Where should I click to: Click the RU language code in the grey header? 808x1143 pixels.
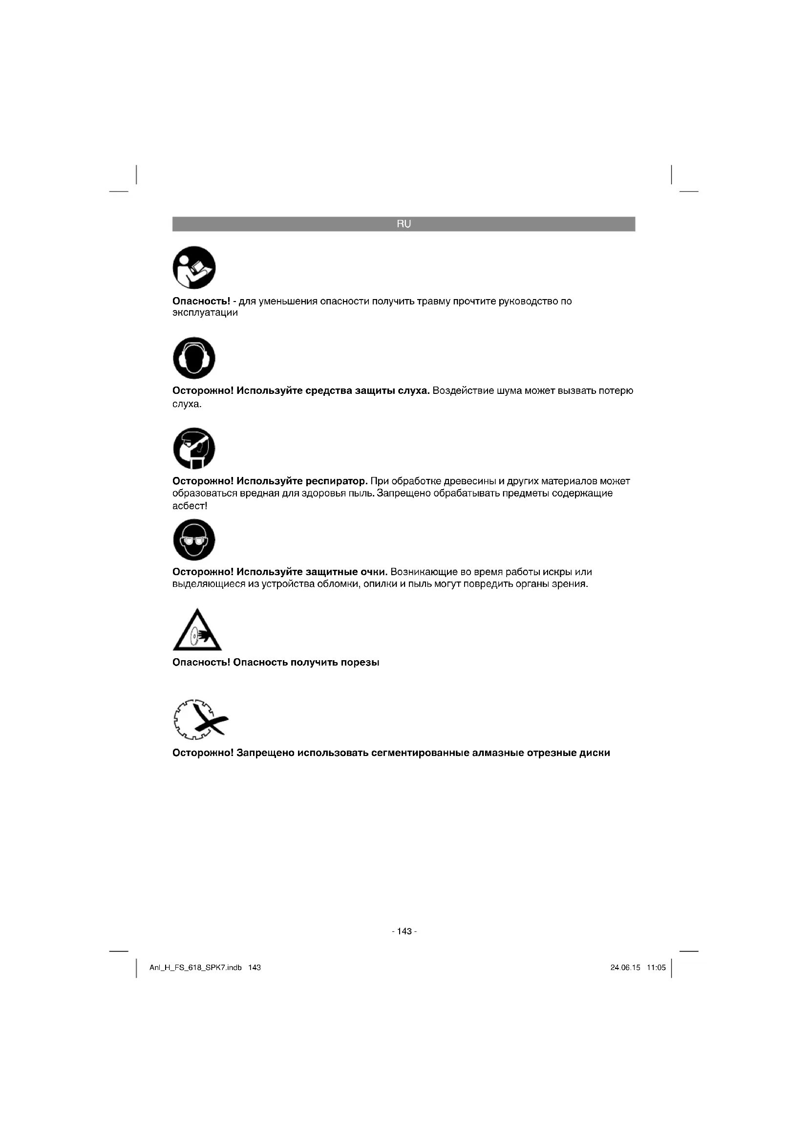click(x=404, y=224)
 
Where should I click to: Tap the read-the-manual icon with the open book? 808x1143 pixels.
click(x=194, y=267)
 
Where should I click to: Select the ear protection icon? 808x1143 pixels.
click(x=194, y=358)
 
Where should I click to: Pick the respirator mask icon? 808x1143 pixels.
click(x=194, y=448)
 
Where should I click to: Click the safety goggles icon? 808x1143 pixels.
click(x=194, y=539)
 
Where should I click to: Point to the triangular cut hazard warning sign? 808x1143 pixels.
click(x=197, y=631)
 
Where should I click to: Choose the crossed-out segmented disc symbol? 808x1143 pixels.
click(x=200, y=719)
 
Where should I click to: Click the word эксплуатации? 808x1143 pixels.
click(x=205, y=313)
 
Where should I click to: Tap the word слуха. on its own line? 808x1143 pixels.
click(x=187, y=404)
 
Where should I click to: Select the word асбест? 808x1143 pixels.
click(x=190, y=506)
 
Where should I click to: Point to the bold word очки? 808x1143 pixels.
click(x=374, y=572)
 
